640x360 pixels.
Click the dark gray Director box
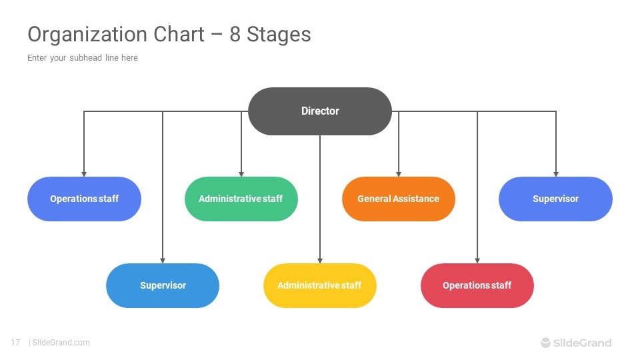coord(320,111)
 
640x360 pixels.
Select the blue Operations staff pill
coord(84,199)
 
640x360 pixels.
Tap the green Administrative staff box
coord(241,199)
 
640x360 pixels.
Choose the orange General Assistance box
coord(399,199)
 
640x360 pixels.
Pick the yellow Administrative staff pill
coord(320,285)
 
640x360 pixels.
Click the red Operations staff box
coord(477,285)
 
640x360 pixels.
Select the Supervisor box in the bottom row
coord(163,285)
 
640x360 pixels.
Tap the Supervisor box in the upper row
coord(555,199)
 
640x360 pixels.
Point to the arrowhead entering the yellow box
coord(320,261)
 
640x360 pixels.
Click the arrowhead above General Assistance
coord(399,174)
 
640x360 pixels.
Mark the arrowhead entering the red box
coord(477,261)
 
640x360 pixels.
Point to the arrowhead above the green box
coord(241,174)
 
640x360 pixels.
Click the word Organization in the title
coord(87,35)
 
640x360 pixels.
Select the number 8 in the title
coord(235,34)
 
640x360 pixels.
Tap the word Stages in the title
coord(279,35)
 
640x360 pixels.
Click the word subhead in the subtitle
coord(86,57)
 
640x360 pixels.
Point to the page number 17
coord(15,343)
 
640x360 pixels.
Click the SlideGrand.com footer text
coord(61,343)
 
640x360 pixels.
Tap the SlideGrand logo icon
coord(546,343)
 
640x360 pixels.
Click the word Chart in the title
coord(179,34)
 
